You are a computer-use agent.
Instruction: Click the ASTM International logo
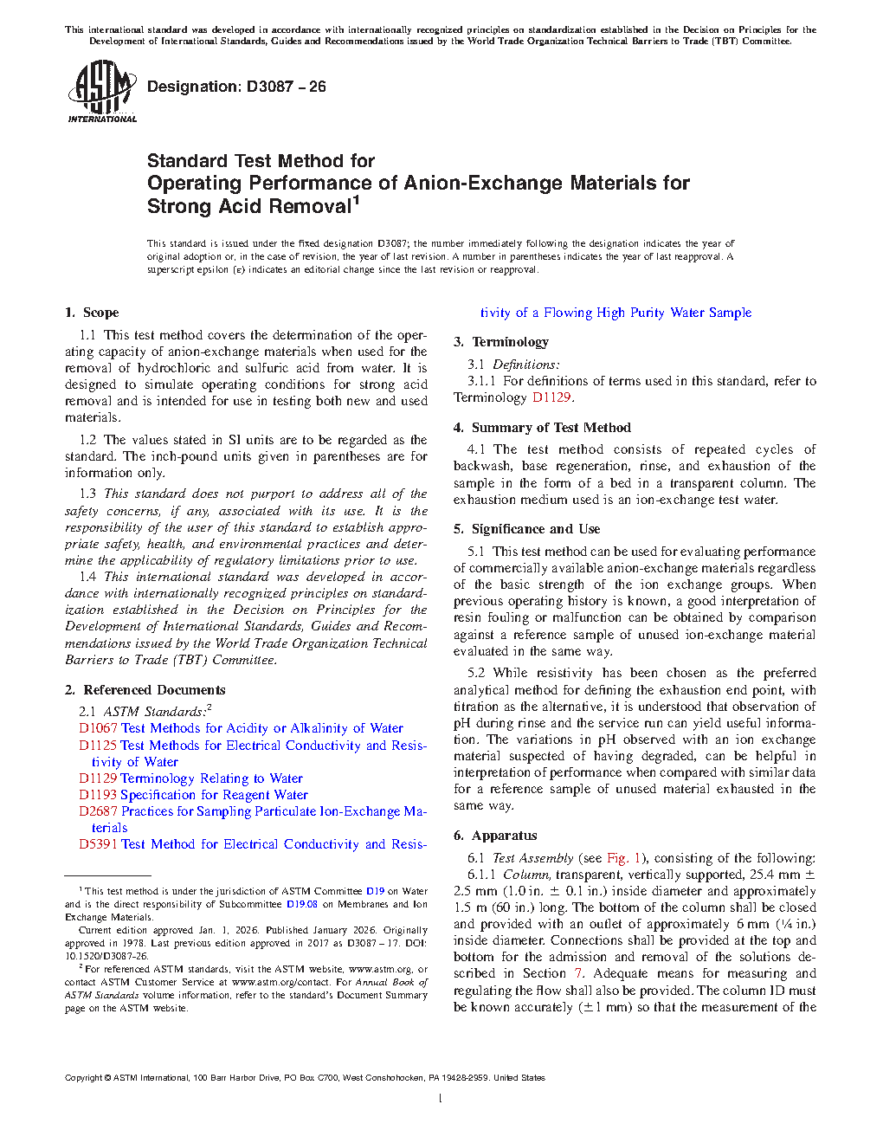102,91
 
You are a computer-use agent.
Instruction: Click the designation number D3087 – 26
286,87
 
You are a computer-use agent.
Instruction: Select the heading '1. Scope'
92,313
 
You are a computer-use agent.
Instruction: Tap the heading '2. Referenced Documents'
145,690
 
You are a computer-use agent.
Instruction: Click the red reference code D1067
98,728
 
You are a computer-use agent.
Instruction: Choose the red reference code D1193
98,795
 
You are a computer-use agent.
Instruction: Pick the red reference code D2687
98,811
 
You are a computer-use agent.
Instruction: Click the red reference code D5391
98,844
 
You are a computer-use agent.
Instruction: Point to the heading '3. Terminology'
501,342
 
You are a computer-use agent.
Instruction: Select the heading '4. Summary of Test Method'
542,428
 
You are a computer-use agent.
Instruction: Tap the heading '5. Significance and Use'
526,529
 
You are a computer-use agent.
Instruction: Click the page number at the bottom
441,1099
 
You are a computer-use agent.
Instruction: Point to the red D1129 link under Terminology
551,397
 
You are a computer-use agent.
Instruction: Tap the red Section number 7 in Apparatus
578,973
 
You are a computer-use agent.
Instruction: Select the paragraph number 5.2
476,673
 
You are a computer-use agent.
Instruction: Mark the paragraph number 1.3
87,494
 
